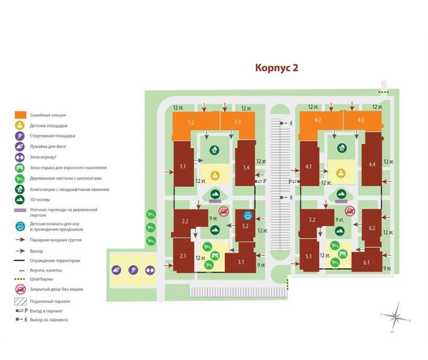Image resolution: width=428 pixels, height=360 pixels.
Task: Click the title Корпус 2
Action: pyautogui.click(x=276, y=68)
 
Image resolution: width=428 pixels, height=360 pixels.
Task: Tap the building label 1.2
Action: pyautogui.click(x=191, y=122)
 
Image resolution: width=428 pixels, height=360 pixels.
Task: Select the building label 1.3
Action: pyautogui.click(x=237, y=122)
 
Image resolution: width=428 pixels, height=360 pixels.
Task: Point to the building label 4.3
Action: pyautogui.click(x=360, y=120)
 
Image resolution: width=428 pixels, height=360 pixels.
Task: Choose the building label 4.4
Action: pyautogui.click(x=372, y=164)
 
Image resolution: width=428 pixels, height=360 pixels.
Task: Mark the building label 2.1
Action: pyautogui.click(x=183, y=256)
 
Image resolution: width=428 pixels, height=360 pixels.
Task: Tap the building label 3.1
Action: pyautogui.click(x=241, y=262)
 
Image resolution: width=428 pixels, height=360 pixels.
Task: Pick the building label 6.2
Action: pyautogui.click(x=372, y=228)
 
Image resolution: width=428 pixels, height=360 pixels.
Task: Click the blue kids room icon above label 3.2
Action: pyautogui.click(x=248, y=216)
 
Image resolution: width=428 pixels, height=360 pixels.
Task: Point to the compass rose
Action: pyautogui.click(x=394, y=315)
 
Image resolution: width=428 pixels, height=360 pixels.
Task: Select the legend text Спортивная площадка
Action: pyautogui.click(x=53, y=136)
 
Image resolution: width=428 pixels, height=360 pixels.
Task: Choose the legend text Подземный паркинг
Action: pyautogui.click(x=50, y=300)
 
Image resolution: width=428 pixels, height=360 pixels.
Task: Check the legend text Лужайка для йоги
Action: pyautogui.click(x=49, y=147)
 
